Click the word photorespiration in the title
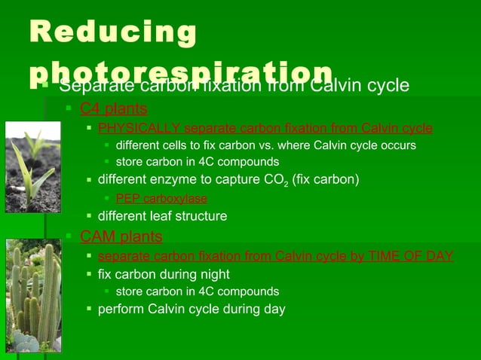(181, 71)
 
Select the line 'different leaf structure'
(162, 216)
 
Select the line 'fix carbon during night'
(164, 274)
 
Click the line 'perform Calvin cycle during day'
(191, 309)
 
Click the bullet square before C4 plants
(69, 109)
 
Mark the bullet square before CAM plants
(69, 237)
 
